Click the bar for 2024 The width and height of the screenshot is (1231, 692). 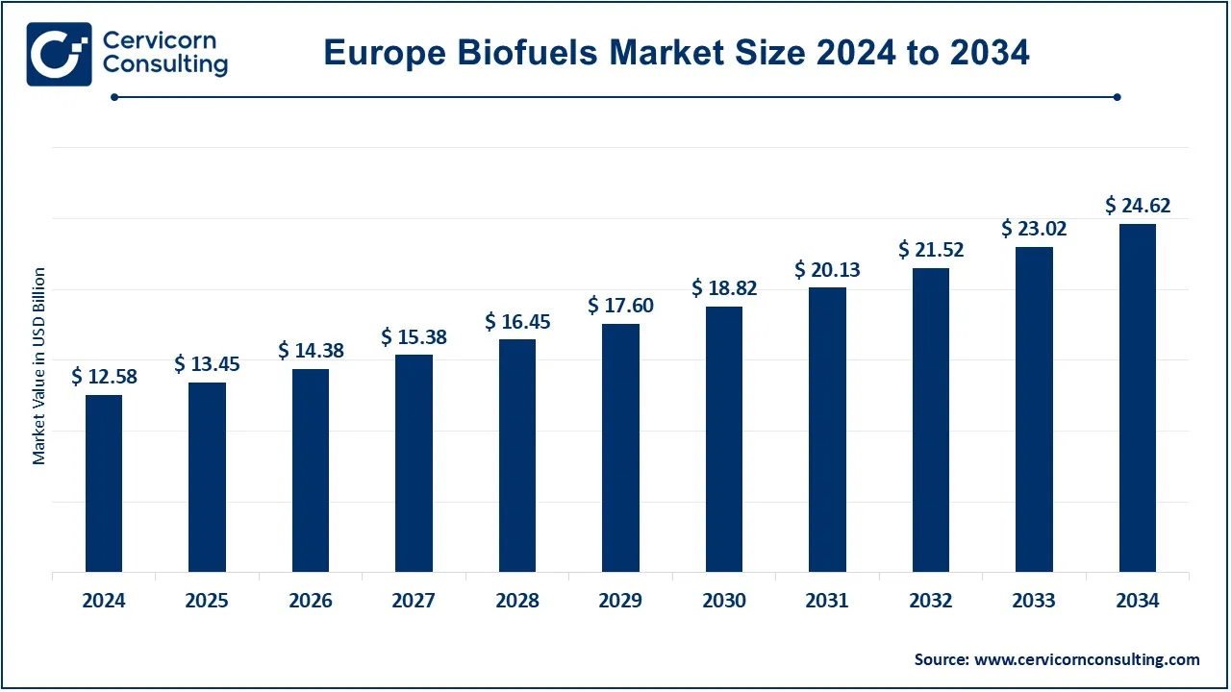click(104, 483)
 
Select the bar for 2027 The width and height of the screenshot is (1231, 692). click(414, 463)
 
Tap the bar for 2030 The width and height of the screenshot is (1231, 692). click(724, 439)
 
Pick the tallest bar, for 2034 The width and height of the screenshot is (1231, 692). click(1138, 398)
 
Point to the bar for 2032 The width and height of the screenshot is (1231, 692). click(931, 420)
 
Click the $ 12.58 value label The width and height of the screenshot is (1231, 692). click(104, 377)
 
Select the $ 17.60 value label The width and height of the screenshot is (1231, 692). click(620, 306)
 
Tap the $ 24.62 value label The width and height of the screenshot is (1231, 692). click(1138, 205)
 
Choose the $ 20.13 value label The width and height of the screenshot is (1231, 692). click(827, 270)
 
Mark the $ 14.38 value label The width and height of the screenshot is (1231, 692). click(311, 351)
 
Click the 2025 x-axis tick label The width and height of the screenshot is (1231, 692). click(207, 601)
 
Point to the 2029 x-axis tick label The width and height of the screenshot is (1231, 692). click(620, 601)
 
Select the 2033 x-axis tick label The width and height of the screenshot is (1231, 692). click(1034, 601)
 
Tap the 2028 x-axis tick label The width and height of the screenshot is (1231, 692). click(517, 601)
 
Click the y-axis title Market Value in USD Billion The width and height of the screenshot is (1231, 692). click(39, 366)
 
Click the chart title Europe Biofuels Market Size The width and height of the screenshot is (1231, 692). click(676, 53)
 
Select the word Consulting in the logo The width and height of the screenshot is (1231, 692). click(164, 65)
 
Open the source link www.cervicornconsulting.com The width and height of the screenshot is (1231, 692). click(1087, 659)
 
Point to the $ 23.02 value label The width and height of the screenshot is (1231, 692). click(1034, 229)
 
